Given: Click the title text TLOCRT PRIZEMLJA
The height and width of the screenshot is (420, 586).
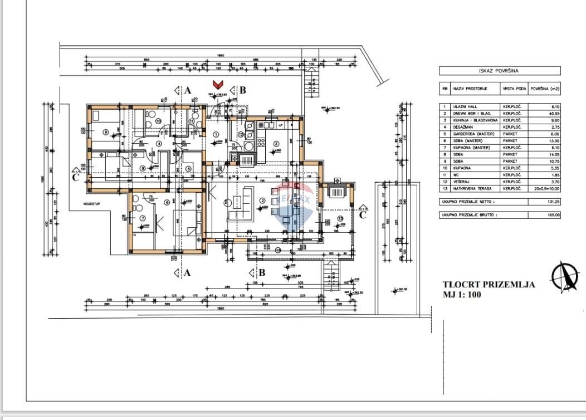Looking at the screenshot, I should click(489, 285).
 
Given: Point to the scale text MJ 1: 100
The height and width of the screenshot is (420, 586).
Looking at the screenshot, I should click(462, 294).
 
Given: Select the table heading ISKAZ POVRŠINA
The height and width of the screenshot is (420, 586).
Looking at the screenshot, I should click(499, 71).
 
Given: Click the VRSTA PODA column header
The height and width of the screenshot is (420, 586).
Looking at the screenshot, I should click(513, 89).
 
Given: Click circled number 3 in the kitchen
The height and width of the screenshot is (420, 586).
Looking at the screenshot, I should click(276, 144).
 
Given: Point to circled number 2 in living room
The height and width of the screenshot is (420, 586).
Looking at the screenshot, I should click(262, 201).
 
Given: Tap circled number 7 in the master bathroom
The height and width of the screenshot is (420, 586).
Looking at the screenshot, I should click(142, 218).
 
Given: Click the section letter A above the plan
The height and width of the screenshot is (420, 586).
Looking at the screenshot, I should click(188, 90).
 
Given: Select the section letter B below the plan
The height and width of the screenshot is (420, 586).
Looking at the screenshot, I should click(261, 272).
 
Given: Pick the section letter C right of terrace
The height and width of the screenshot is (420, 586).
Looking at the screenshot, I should click(363, 214).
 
